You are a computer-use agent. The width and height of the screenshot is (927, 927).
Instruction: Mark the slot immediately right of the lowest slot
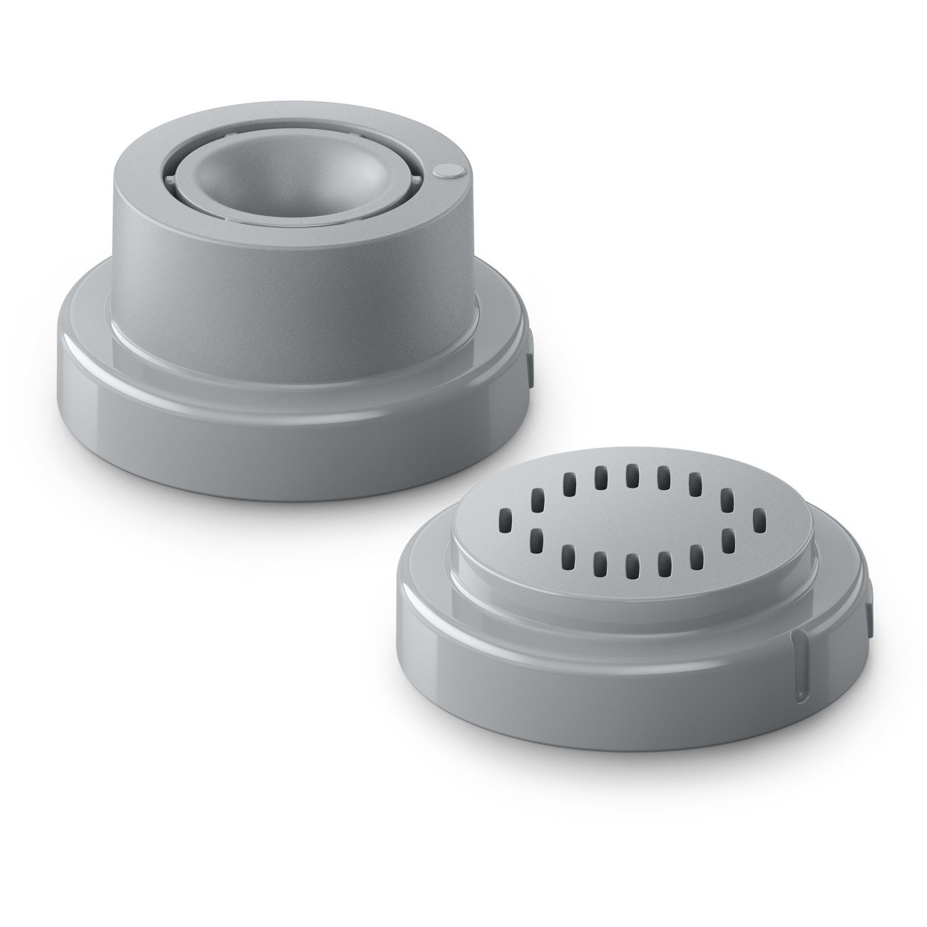click(x=662, y=563)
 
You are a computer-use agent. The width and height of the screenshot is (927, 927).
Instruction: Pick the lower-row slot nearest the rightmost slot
click(x=727, y=540)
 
